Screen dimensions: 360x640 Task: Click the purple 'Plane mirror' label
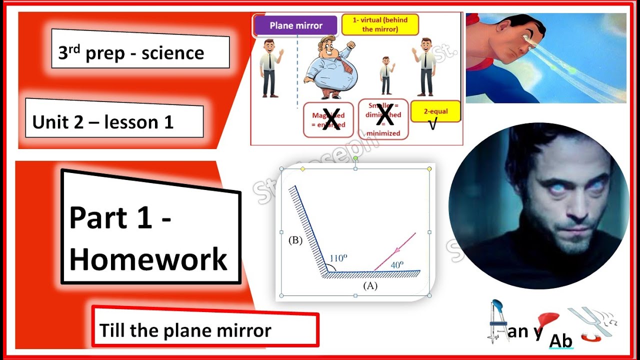pos(296,26)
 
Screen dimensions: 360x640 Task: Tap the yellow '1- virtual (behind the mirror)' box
pos(380,24)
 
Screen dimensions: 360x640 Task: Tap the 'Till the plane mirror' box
pos(205,330)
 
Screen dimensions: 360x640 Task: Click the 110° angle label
pos(338,258)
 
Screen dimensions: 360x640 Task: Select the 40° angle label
pos(397,265)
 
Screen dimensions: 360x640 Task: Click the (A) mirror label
pos(370,286)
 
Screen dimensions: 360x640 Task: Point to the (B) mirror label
pos(295,240)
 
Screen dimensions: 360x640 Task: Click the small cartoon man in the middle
pos(385,75)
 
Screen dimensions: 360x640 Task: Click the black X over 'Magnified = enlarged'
pos(331,119)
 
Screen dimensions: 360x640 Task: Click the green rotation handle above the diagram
pos(355,158)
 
